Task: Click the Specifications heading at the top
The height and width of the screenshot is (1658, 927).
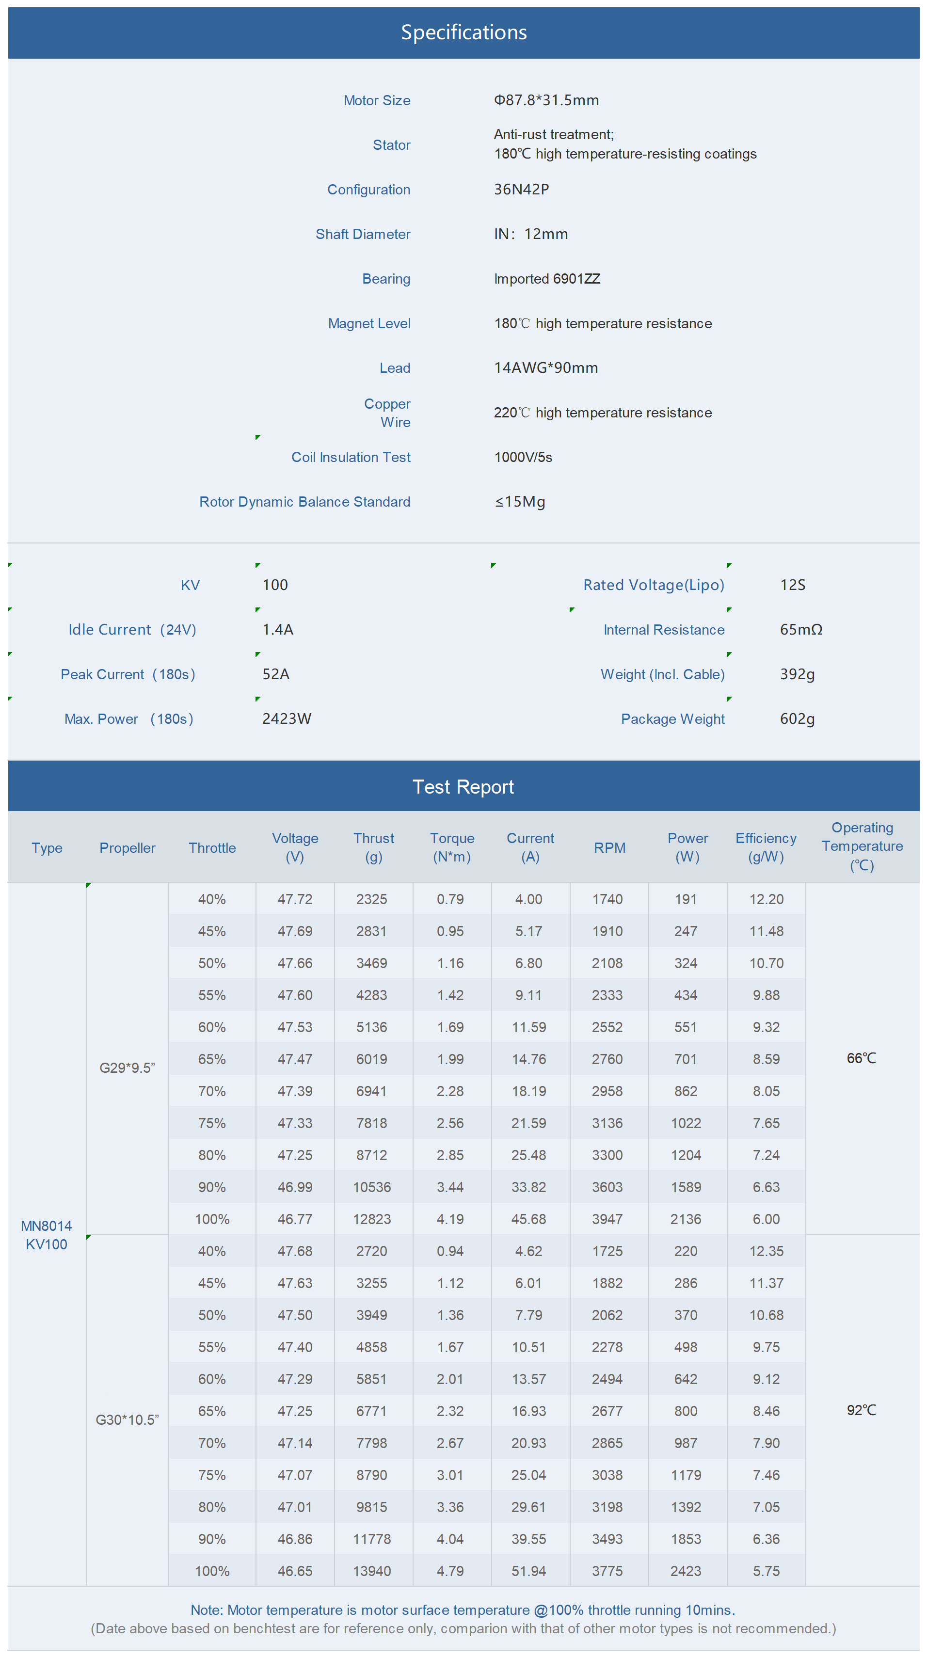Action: (463, 32)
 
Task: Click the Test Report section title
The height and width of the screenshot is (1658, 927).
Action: (463, 786)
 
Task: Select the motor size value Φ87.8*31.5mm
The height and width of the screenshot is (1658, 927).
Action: (546, 100)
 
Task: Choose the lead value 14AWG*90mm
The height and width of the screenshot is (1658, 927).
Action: (545, 367)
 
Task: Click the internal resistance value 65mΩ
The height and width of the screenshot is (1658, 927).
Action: (801, 629)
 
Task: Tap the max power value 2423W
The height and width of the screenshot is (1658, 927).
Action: (287, 719)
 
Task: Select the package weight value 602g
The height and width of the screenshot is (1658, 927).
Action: (797, 719)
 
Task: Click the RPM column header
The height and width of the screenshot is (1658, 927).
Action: (609, 848)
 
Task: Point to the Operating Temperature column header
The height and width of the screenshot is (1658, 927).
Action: (862, 846)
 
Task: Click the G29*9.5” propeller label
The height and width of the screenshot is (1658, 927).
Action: (128, 1068)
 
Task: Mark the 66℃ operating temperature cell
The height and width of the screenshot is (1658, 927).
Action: (862, 1059)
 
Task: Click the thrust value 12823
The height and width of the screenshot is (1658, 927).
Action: (372, 1219)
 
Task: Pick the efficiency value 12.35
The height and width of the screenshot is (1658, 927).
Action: (766, 1251)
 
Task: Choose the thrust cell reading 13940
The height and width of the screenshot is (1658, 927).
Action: (372, 1571)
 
